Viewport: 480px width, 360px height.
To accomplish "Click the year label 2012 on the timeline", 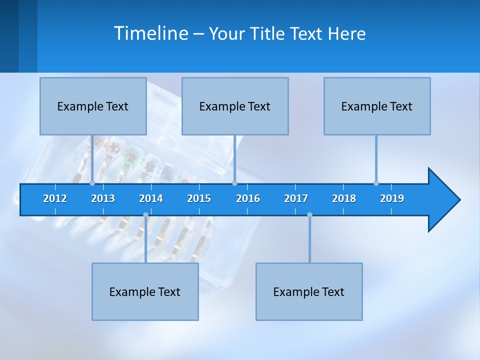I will pos(55,198).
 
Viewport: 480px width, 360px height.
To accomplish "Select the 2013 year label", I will pos(103,198).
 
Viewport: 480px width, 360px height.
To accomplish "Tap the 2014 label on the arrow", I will pos(151,198).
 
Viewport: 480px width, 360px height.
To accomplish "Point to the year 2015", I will pos(199,198).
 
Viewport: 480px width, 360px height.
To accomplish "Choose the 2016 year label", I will pos(248,198).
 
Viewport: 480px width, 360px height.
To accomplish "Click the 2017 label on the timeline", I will pos(296,198).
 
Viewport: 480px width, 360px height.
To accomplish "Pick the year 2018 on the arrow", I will pos(344,198).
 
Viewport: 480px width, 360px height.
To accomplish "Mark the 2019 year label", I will pos(392,198).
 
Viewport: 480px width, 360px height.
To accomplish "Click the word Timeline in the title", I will pos(150,33).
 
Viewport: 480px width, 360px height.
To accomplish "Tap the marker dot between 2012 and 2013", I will pos(92,183).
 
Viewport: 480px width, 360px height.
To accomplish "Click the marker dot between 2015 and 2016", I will pos(235,183).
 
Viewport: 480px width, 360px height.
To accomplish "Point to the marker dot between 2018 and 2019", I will pos(376,183).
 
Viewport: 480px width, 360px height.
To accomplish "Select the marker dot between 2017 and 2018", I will pos(309,215).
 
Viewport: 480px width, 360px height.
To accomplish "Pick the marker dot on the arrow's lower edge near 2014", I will pos(145,215).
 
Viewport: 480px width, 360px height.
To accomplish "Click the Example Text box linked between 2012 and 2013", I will pos(93,106).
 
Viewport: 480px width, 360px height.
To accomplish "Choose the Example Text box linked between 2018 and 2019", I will pos(377,106).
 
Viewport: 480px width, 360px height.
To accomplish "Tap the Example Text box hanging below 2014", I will pos(145,291).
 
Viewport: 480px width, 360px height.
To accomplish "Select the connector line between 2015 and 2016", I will pos(235,159).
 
